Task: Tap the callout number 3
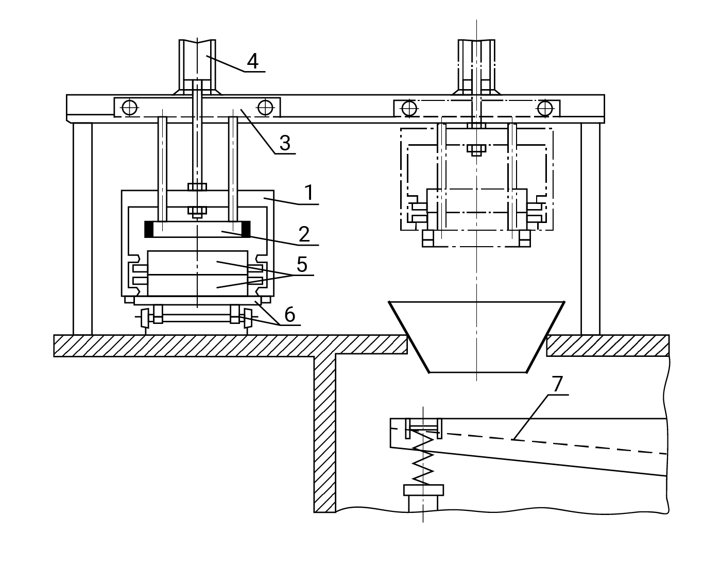coord(285,143)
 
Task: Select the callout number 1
coord(309,193)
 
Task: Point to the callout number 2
coord(304,234)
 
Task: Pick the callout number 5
coord(302,264)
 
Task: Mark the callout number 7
coord(558,384)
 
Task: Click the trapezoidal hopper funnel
coord(477,337)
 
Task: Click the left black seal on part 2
coord(149,230)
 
